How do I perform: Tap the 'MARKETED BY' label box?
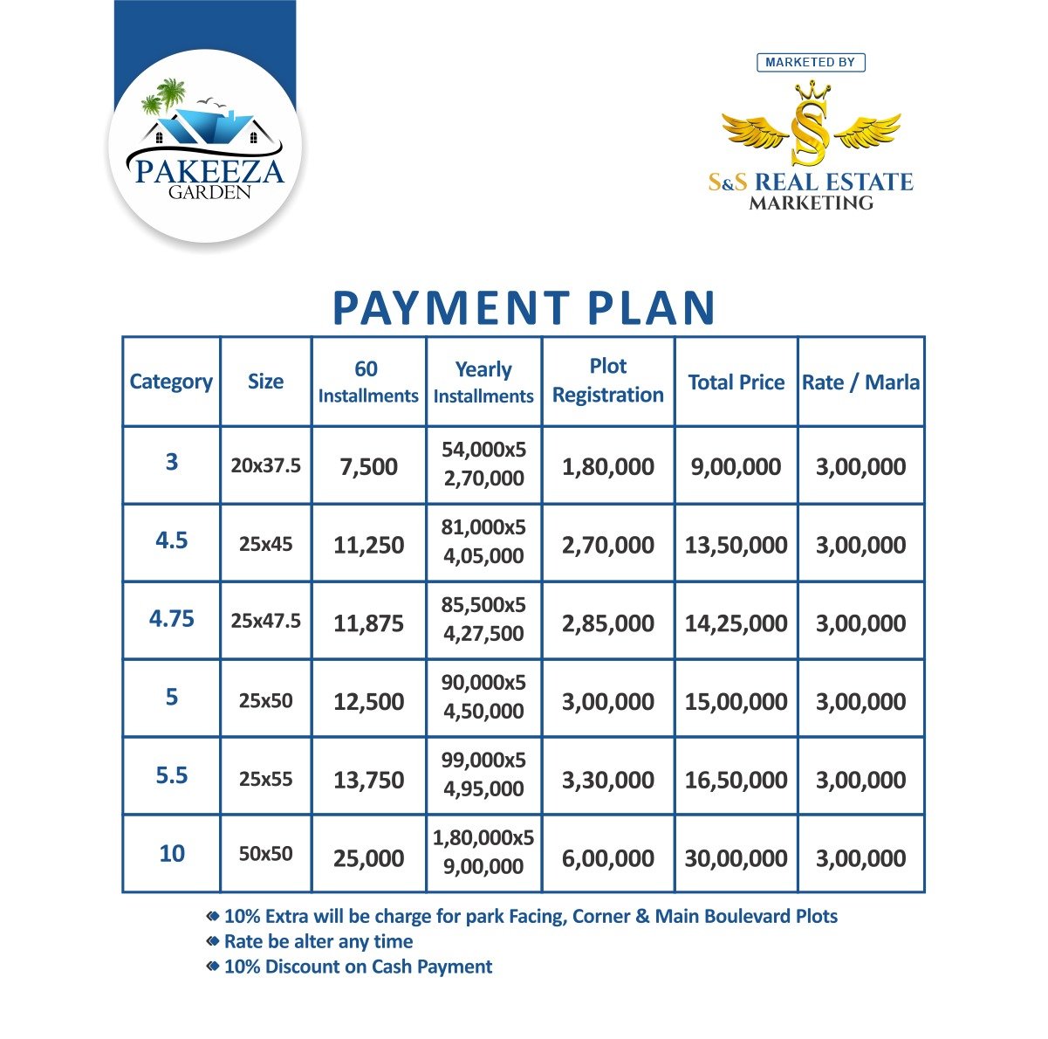[x=811, y=62]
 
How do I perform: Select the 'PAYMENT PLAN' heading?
[x=524, y=308]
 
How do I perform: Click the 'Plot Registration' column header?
[x=608, y=381]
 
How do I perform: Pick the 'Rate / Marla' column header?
[x=860, y=382]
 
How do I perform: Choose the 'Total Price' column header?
[x=736, y=382]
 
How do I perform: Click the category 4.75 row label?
[x=172, y=619]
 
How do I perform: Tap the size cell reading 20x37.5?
[x=265, y=465]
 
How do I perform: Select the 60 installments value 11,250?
[x=368, y=545]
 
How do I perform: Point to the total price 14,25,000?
[x=736, y=623]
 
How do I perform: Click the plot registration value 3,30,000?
[x=608, y=780]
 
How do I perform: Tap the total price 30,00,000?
[x=736, y=858]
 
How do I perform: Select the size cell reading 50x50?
[x=265, y=854]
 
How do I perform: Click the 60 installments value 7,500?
[x=368, y=466]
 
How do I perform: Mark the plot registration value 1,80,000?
[x=608, y=466]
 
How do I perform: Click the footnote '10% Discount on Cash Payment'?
[x=358, y=967]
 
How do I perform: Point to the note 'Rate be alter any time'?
[x=319, y=941]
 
